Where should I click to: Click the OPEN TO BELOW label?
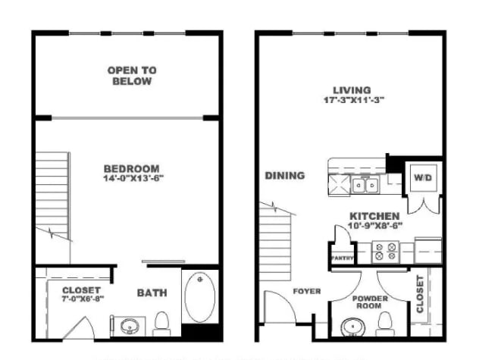[x=132, y=76]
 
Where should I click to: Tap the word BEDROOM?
[x=132, y=168]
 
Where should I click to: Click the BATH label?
[x=152, y=293]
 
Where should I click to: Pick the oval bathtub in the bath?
[x=200, y=297]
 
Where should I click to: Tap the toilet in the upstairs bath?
[x=162, y=325]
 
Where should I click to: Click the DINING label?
[x=285, y=176]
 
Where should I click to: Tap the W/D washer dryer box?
[x=421, y=179]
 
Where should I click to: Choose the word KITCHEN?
[x=374, y=215]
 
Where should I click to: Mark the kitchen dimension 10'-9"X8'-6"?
[x=374, y=225]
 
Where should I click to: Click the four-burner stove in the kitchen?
[x=384, y=251]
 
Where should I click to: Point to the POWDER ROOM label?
[x=371, y=302]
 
